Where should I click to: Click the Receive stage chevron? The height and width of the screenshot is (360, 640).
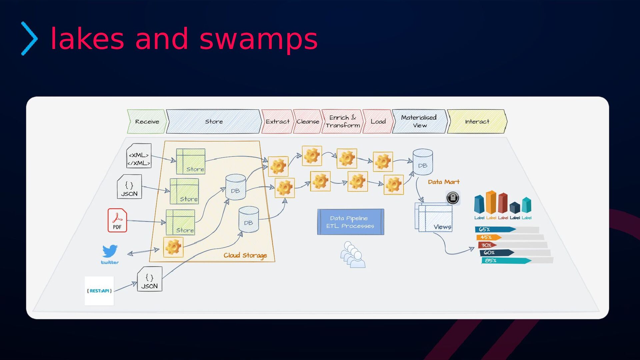click(x=147, y=122)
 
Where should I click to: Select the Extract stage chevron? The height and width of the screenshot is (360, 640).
click(x=277, y=122)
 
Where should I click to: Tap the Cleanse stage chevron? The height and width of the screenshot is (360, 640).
click(x=308, y=122)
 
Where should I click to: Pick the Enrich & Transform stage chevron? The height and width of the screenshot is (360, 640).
click(x=343, y=122)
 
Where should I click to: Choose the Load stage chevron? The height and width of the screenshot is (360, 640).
click(x=378, y=122)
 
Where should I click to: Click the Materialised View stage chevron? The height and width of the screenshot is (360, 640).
click(x=419, y=122)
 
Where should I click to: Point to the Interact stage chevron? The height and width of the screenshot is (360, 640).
click(x=477, y=122)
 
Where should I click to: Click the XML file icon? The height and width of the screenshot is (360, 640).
click(x=139, y=156)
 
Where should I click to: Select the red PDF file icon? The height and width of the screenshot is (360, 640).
click(x=117, y=220)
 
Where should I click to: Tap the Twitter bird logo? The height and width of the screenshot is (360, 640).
click(x=110, y=252)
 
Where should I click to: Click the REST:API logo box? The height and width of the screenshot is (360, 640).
click(x=99, y=291)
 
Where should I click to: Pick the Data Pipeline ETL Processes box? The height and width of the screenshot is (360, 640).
click(x=350, y=222)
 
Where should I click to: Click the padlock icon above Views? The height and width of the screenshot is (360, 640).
click(x=453, y=198)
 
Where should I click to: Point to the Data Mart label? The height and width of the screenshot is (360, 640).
click(x=444, y=182)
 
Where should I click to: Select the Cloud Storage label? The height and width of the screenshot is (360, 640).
click(x=245, y=255)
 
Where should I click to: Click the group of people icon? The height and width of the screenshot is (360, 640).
click(x=353, y=255)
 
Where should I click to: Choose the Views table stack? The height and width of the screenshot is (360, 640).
click(x=434, y=217)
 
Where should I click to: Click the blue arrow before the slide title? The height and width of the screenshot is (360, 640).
click(x=29, y=39)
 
